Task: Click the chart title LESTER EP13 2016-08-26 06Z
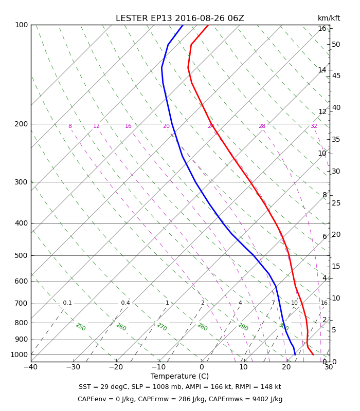click(179, 18)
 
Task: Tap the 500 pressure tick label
click(21, 255)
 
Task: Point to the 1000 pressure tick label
click(19, 354)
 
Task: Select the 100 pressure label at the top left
click(21, 25)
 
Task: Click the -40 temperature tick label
click(31, 367)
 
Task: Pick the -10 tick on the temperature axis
click(159, 367)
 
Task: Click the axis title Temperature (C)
click(179, 376)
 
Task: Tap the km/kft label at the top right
click(329, 18)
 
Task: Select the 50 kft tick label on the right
click(336, 44)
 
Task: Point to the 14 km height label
click(322, 70)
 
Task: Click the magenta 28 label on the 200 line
click(262, 126)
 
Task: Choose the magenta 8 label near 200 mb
click(70, 126)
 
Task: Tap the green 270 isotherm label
click(162, 327)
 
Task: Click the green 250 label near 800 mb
click(81, 327)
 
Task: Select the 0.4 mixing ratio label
click(125, 303)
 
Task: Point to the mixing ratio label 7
click(273, 303)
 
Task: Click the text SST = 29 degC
click(103, 387)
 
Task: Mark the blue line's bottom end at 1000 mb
click(295, 354)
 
